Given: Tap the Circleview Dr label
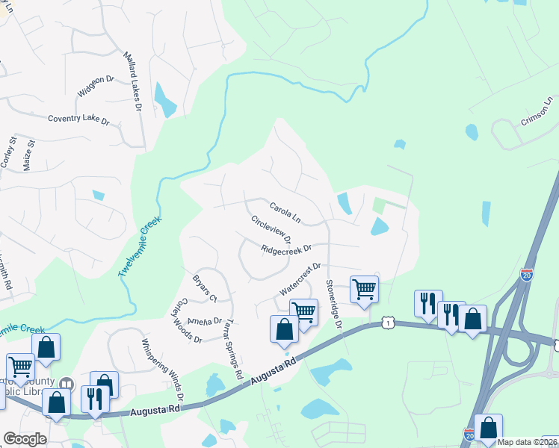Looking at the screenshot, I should tap(271, 229).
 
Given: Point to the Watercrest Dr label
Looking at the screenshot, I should tap(300, 276).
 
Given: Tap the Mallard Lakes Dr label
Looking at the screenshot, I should tap(132, 81).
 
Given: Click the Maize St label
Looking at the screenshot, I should tap(30, 154).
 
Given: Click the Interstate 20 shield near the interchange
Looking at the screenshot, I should tap(527, 276).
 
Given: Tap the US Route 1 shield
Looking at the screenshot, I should tap(386, 321).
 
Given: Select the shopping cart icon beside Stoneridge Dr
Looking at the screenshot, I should tap(364, 288).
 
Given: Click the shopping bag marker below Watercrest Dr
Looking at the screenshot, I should tap(284, 329).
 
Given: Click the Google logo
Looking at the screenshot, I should tap(25, 439).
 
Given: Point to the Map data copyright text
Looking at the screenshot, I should tap(528, 442).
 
